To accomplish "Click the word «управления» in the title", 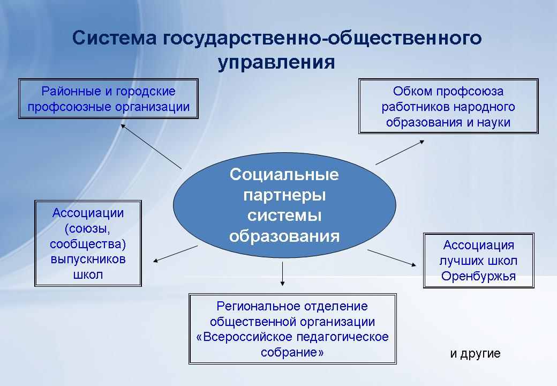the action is [276, 63].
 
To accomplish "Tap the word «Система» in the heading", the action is [115, 38].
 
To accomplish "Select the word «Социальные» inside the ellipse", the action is [284, 175].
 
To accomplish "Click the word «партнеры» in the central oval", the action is [284, 196].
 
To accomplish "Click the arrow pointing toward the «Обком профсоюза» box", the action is [400, 152].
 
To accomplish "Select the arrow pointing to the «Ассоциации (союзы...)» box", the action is [175, 254].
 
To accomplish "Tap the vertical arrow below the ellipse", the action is [282, 273].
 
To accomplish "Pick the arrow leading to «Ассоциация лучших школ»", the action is [392, 258].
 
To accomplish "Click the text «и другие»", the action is [475, 353].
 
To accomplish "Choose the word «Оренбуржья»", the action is [478, 276].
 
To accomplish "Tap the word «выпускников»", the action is [88, 259].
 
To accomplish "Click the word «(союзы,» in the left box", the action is [87, 228].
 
